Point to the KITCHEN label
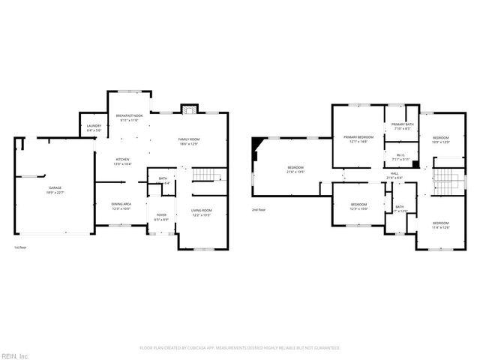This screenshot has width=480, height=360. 122,160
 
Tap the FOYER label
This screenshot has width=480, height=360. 161,217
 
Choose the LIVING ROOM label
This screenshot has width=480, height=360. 201,212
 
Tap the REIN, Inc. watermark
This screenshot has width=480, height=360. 14,355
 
